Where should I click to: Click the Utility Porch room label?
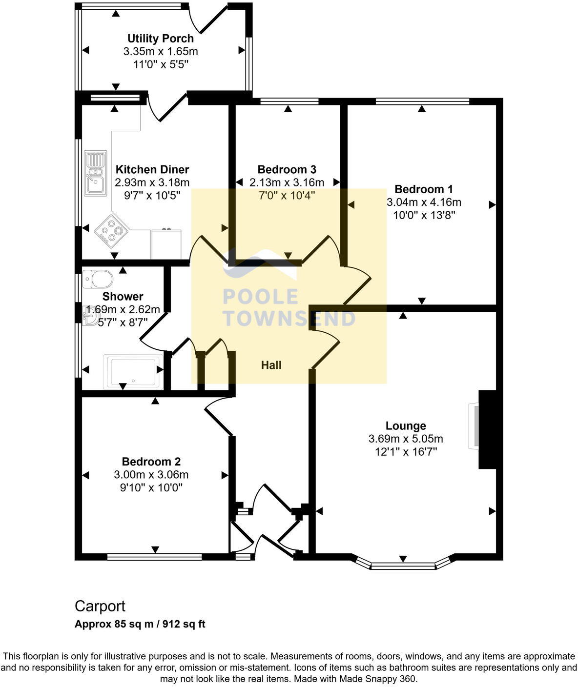(x=160, y=39)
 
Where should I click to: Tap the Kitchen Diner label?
(x=152, y=169)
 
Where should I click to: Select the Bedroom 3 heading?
(x=287, y=169)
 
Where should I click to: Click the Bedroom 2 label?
(x=151, y=461)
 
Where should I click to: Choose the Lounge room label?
(x=405, y=425)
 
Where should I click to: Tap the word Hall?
(x=271, y=365)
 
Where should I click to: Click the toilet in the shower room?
(x=97, y=279)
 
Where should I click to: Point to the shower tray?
(x=133, y=372)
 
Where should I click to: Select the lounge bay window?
(x=403, y=566)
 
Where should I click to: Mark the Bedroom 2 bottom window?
(x=154, y=557)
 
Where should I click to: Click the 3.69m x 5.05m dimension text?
(x=405, y=439)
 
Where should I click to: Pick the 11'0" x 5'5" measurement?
(x=160, y=64)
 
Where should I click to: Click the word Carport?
(x=100, y=606)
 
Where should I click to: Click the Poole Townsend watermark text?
(x=288, y=307)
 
